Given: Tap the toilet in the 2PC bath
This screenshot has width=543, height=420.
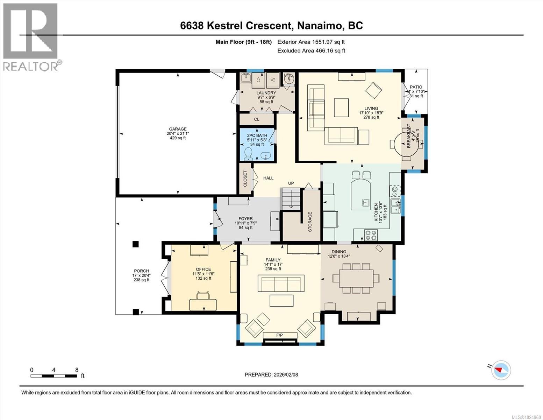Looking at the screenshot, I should pyautogui.click(x=248, y=153).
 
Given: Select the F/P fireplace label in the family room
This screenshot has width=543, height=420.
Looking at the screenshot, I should pyautogui.click(x=279, y=335).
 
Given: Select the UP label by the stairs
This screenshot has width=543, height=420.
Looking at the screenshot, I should pyautogui.click(x=291, y=183).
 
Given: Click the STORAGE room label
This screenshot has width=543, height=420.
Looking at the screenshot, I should pyautogui.click(x=310, y=222).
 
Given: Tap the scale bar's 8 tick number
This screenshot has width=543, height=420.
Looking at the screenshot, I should pyautogui.click(x=77, y=370).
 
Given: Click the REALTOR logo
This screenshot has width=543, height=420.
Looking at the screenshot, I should pyautogui.click(x=31, y=37).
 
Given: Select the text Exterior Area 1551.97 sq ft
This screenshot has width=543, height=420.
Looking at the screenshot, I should pyautogui.click(x=311, y=42).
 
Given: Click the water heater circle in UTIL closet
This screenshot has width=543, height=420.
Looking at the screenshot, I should pyautogui.click(x=289, y=79).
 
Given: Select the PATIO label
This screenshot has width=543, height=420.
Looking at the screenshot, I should pyautogui.click(x=416, y=87).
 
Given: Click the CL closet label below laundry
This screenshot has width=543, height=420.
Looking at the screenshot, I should pyautogui.click(x=257, y=119).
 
